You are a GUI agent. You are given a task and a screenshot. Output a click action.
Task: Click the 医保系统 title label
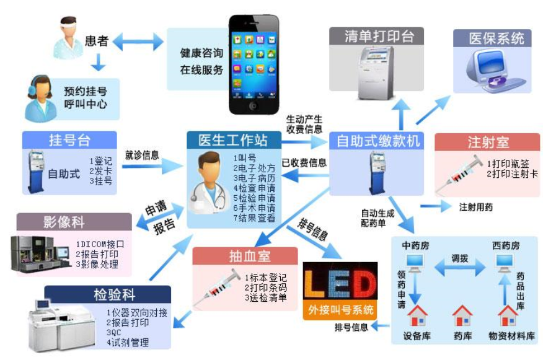pyautogui.click(x=496, y=38)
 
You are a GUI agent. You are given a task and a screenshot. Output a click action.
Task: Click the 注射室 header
pyautogui.click(x=488, y=142)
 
